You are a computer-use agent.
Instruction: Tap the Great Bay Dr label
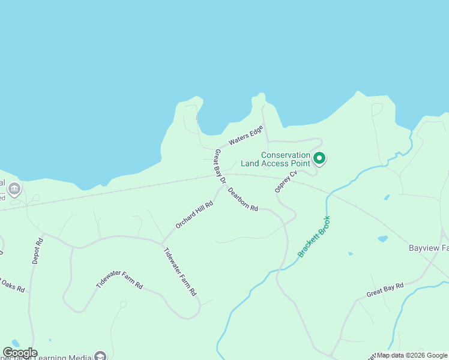click(x=220, y=167)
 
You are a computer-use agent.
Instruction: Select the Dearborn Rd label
click(x=243, y=200)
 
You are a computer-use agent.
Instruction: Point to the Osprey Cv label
click(x=286, y=181)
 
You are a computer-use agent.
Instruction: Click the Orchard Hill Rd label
click(x=194, y=214)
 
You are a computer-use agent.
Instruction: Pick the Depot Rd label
click(x=38, y=251)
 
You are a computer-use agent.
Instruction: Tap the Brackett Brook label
click(x=314, y=236)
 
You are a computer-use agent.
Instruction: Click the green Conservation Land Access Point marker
click(x=319, y=158)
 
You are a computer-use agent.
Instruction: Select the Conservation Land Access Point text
click(x=276, y=158)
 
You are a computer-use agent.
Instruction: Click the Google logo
click(x=20, y=353)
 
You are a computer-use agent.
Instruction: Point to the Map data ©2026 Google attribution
click(x=412, y=355)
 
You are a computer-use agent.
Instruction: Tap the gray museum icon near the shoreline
click(x=14, y=190)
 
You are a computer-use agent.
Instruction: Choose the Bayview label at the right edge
click(x=429, y=248)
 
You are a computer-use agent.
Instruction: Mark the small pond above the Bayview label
click(x=382, y=239)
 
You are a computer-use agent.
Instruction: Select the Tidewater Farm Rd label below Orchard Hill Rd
click(x=180, y=272)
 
